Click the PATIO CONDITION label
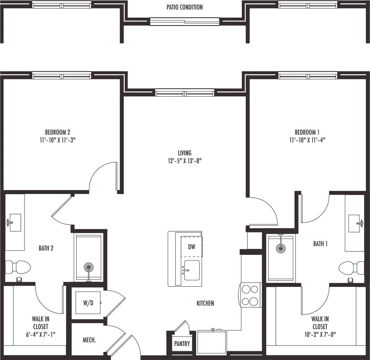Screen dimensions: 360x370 pyautogui.click(x=185, y=7)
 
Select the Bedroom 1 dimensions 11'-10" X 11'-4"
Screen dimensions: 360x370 pyautogui.click(x=307, y=140)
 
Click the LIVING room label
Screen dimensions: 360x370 pyautogui.click(x=185, y=153)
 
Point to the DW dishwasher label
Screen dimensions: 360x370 pyautogui.click(x=192, y=247)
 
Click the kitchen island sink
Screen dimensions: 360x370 pyautogui.click(x=192, y=270)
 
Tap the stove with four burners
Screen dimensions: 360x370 pyautogui.click(x=250, y=295)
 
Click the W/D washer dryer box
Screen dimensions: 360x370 pyautogui.click(x=88, y=303)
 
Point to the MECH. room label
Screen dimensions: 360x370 pyautogui.click(x=89, y=340)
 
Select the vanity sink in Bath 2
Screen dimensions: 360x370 pyautogui.click(x=15, y=223)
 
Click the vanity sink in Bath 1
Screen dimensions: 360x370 pyautogui.click(x=354, y=223)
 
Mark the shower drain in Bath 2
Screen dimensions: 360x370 pyautogui.click(x=88, y=267)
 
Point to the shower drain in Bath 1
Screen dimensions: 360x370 pyautogui.click(x=281, y=248)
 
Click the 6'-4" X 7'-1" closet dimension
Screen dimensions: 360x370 pyautogui.click(x=40, y=335)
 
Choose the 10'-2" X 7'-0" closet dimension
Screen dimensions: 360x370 pyautogui.click(x=320, y=335)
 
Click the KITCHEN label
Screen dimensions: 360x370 pyautogui.click(x=205, y=303)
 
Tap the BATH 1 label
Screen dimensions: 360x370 pyautogui.click(x=320, y=244)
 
